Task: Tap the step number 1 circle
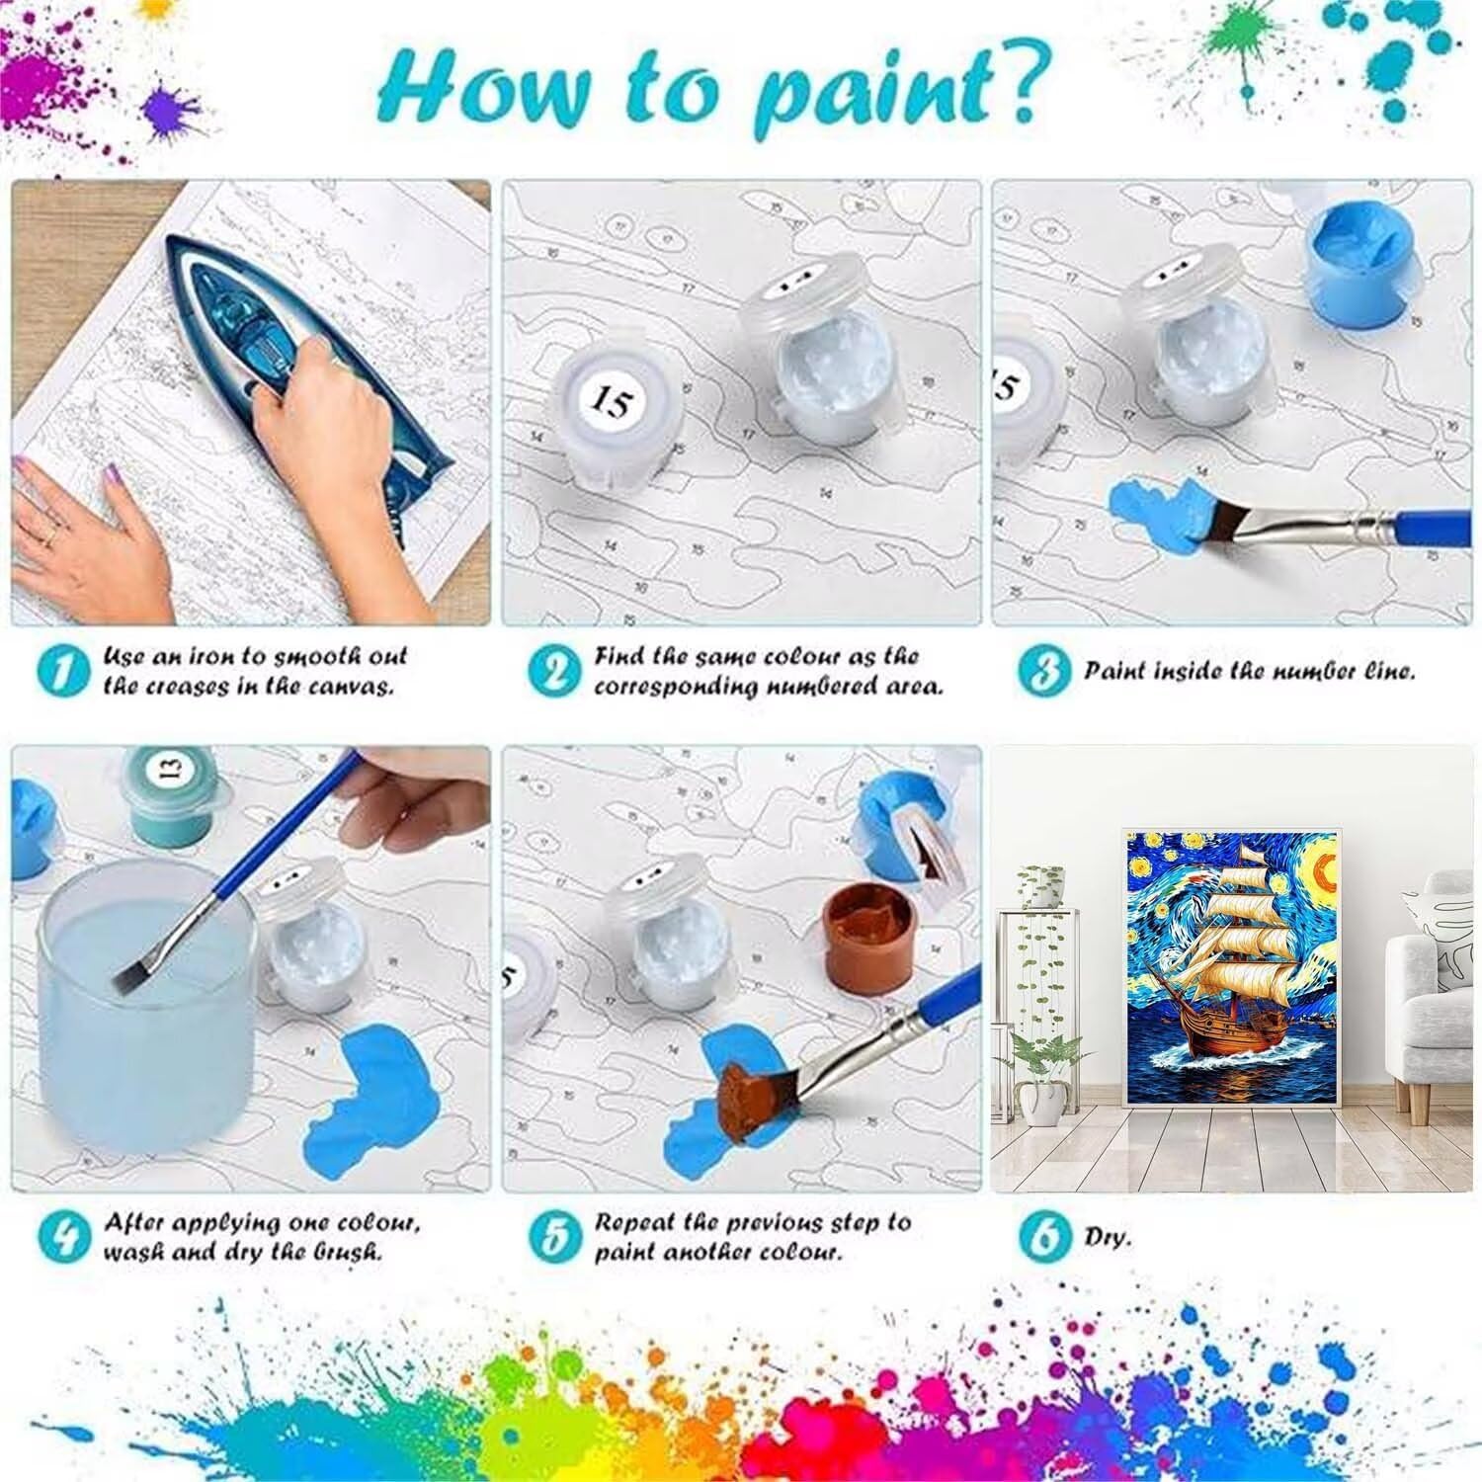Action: pos(63,672)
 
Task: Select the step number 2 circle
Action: pos(553,672)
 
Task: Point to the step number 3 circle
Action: pos(1043,672)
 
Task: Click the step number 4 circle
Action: pos(63,1237)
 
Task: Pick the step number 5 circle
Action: pos(553,1237)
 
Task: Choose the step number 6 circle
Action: pos(1043,1237)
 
